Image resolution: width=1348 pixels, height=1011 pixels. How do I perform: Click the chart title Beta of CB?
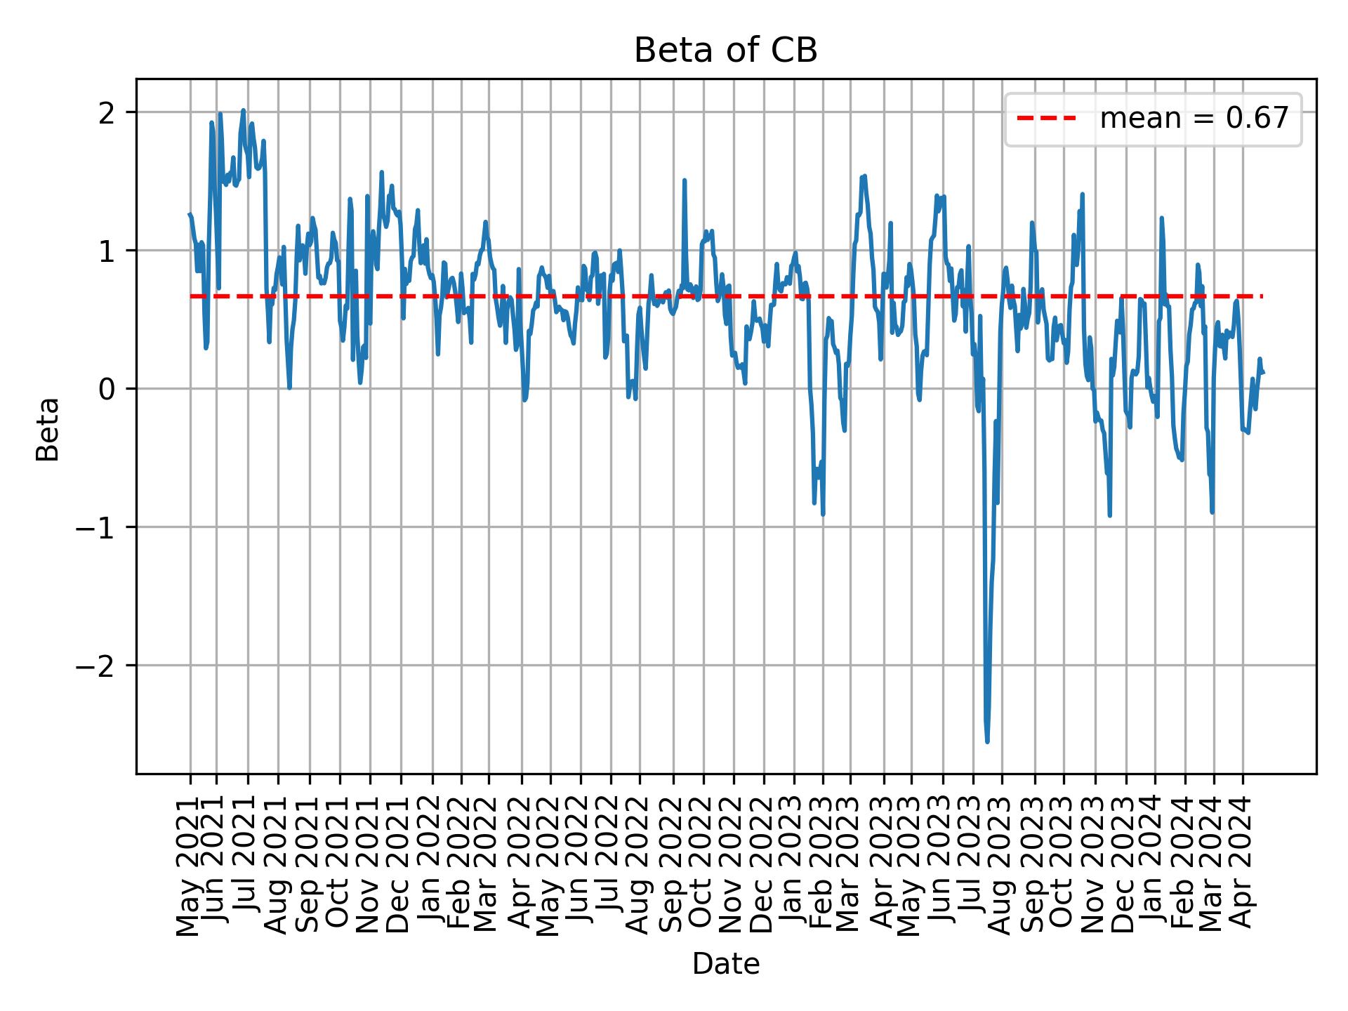pyautogui.click(x=725, y=51)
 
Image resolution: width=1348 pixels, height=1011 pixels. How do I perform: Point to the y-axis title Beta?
pyautogui.click(x=48, y=429)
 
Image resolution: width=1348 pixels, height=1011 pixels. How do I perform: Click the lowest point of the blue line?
pyautogui.click(x=987, y=741)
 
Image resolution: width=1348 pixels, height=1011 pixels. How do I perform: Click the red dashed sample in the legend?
pyautogui.click(x=1046, y=119)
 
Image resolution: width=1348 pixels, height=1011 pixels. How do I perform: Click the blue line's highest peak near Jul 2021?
pyautogui.click(x=243, y=110)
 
